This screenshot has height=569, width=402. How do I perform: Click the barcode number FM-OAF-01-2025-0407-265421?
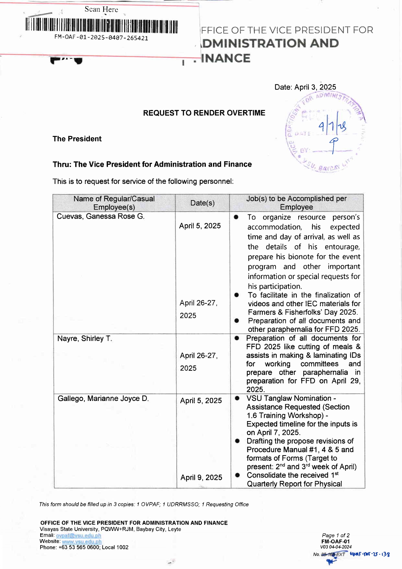[101, 38]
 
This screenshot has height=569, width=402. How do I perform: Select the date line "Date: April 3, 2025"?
[305, 87]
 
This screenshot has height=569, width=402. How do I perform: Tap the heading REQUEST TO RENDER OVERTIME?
[204, 113]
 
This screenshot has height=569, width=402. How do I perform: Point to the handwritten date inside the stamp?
[332, 126]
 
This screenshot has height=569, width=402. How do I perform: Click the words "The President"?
[77, 139]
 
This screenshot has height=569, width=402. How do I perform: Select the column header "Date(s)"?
[202, 203]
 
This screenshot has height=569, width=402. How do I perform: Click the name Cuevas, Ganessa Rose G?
[100, 216]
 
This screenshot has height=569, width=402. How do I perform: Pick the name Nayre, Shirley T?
[85, 339]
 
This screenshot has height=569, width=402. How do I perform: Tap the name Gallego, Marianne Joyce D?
[103, 398]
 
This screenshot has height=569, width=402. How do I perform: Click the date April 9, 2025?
[201, 478]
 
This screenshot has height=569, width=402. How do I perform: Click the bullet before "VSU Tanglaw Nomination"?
[237, 398]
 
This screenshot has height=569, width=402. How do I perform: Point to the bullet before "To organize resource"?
[236, 217]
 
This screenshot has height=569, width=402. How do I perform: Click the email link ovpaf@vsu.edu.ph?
[78, 536]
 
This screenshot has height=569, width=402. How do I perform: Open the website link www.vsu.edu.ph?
[82, 541]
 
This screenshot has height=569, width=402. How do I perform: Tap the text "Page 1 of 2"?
[336, 535]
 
